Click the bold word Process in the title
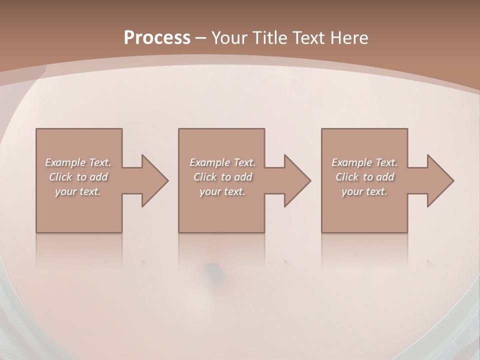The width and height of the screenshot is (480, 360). (157, 38)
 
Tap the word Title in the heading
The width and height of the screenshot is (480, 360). (270, 38)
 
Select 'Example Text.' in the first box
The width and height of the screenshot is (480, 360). (78, 162)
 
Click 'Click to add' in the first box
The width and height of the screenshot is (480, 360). (78, 177)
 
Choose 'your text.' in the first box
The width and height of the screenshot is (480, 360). (78, 191)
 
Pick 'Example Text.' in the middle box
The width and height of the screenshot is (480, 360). (222, 162)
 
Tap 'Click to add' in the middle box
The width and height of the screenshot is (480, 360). (222, 177)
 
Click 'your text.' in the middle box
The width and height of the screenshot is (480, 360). (222, 191)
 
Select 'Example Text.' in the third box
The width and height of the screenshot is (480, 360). (364, 162)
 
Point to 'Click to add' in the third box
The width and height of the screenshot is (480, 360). (364, 177)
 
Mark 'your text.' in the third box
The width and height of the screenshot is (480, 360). (364, 191)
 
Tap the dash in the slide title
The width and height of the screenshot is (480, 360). (200, 38)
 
